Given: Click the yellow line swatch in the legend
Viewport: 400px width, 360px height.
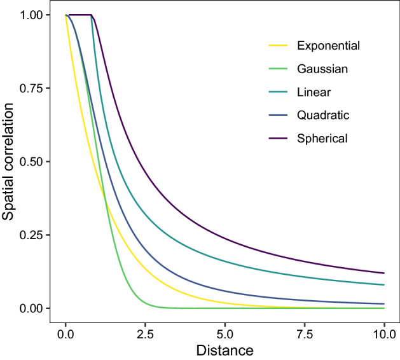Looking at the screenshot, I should click(279, 46).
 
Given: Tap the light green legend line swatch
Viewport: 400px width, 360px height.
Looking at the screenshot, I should click(279, 69).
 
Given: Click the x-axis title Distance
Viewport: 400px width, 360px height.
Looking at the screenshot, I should click(225, 350).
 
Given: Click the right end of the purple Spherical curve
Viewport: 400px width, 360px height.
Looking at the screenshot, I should click(384, 273).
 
